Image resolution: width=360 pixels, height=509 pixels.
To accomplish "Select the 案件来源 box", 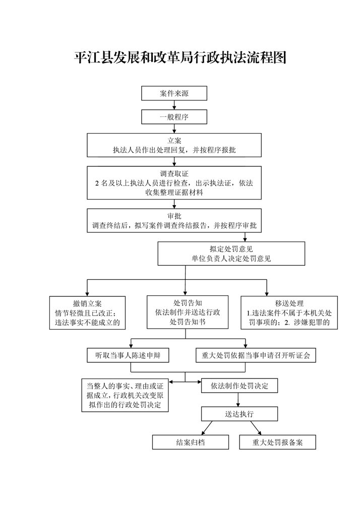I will (x=174, y=93).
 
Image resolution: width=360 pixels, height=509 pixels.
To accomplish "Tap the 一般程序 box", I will (x=174, y=117).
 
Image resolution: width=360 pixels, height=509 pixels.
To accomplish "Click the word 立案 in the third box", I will (x=174, y=141).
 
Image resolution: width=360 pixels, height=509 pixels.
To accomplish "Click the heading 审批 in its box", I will (x=174, y=216).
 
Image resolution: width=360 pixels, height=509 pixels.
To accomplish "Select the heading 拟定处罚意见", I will (x=231, y=249).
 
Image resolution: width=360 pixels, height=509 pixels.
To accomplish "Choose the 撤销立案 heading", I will (x=87, y=303).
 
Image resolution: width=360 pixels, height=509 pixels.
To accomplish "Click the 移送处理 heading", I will (x=289, y=303).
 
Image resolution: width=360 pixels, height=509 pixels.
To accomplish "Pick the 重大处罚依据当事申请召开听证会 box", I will (x=256, y=355).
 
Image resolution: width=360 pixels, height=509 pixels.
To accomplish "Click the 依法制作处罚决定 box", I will (x=239, y=386).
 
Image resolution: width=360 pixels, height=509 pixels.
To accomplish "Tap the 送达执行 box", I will (x=239, y=414).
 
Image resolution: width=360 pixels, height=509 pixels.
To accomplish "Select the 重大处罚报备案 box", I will (x=277, y=442).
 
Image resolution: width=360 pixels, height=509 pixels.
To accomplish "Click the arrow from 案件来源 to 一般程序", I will (x=174, y=105).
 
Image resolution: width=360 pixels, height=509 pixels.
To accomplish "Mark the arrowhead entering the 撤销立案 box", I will (x=87, y=293).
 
